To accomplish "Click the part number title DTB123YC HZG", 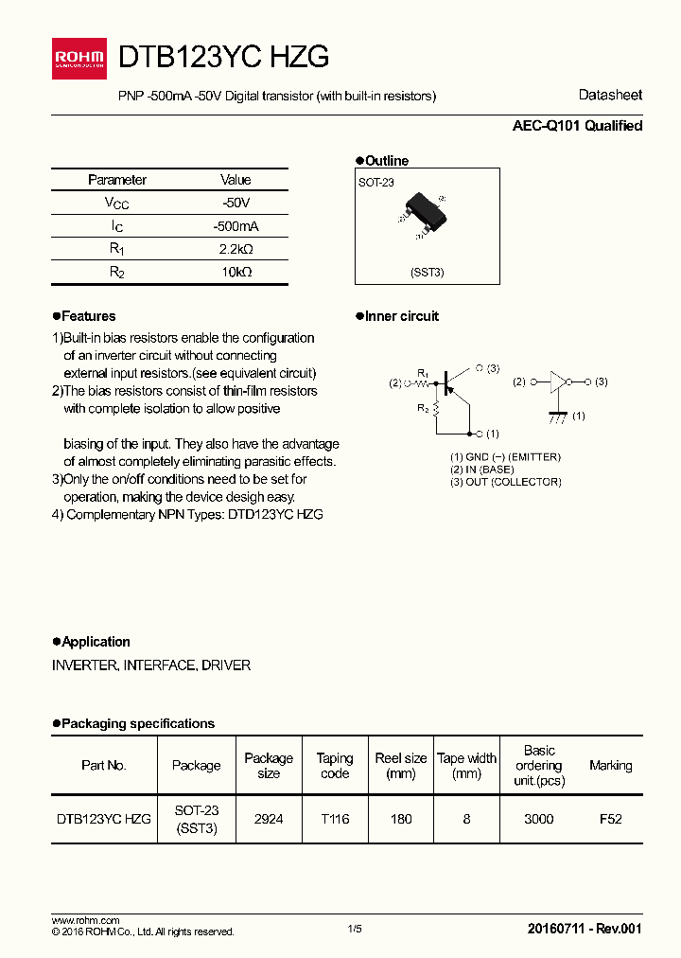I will tap(223, 58).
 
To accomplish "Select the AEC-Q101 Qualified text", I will tap(577, 126).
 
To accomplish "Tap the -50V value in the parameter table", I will tap(236, 203).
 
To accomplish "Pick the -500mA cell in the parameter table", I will tap(236, 226).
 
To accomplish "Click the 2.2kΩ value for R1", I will tap(236, 249).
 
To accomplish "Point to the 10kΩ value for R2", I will tap(236, 272).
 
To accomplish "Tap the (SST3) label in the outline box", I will tap(427, 272).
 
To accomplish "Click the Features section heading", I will tap(88, 316).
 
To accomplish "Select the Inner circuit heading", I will tap(401, 316).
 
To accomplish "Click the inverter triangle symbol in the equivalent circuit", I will tap(558, 381).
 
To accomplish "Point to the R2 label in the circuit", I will tap(423, 408).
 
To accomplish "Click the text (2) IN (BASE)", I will tap(482, 470).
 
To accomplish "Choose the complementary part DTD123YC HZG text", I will tap(274, 514).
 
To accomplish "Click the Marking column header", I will tap(610, 765).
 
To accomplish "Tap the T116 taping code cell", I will tap(334, 819).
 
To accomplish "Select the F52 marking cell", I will tap(610, 819).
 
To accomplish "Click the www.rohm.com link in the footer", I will tap(85, 920).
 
